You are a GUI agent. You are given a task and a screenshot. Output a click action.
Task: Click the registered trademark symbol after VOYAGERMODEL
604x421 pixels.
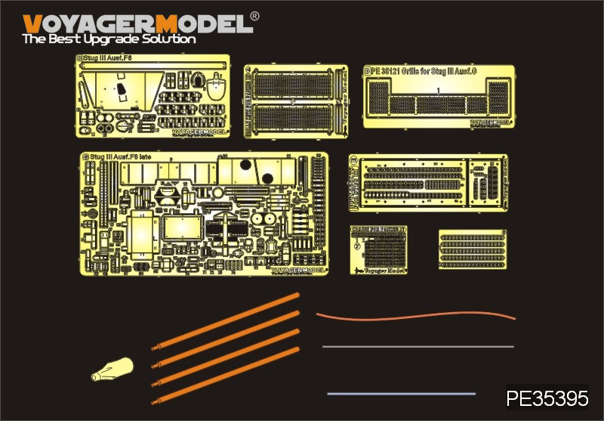tap(255, 15)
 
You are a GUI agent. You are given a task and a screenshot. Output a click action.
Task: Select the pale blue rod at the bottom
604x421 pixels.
tap(401, 393)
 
